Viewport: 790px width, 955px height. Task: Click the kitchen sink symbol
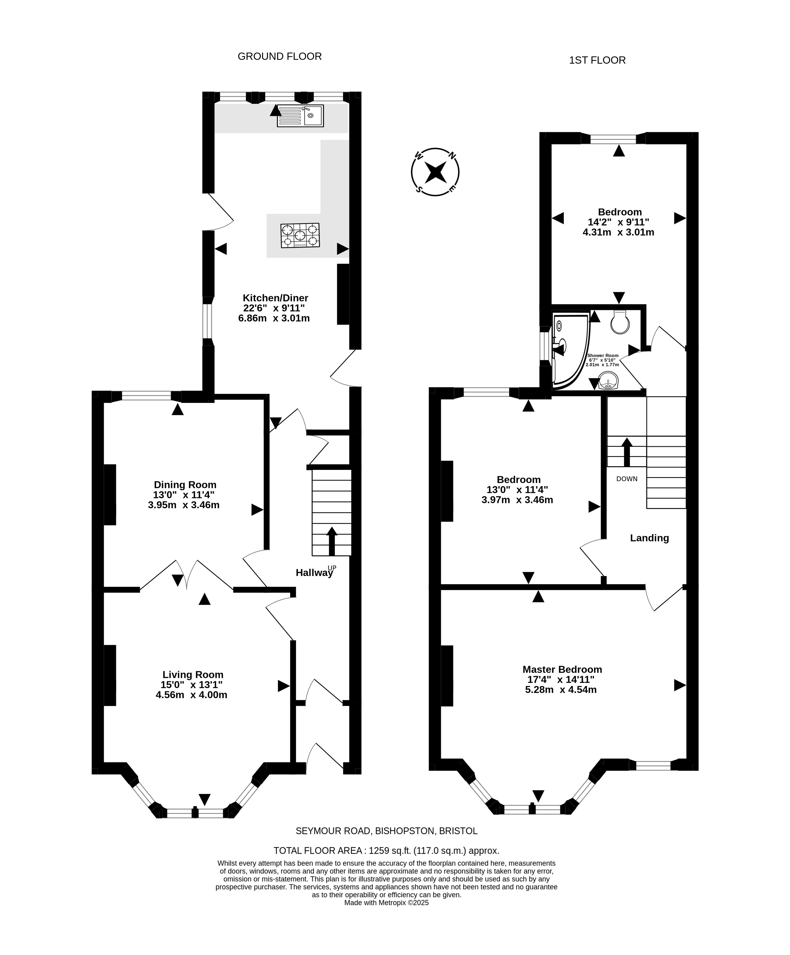tap(300, 115)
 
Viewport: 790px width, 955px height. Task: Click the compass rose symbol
tap(435, 172)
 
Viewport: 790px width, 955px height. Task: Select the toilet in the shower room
tap(620, 322)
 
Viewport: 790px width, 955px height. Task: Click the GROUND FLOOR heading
tap(280, 56)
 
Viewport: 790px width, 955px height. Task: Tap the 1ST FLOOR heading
tap(597, 60)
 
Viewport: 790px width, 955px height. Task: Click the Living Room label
tap(193, 675)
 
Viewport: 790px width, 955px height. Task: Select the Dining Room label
tap(185, 485)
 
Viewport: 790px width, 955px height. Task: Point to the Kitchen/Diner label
tap(275, 298)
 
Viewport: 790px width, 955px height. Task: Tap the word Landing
tap(649, 538)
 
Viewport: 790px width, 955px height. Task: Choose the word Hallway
tap(314, 573)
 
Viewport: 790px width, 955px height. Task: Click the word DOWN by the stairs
tap(627, 479)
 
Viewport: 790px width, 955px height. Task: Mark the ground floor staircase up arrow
tap(332, 541)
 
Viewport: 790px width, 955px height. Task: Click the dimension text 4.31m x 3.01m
tap(618, 232)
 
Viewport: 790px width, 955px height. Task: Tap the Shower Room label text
tap(603, 356)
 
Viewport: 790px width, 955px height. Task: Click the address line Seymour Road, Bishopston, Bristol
tap(386, 831)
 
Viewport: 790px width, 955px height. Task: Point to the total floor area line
tap(386, 850)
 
